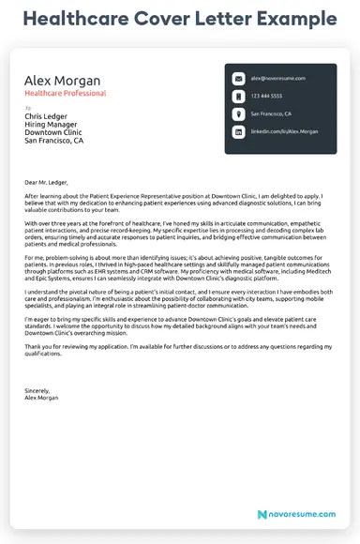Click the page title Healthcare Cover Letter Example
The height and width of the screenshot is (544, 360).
[179, 19]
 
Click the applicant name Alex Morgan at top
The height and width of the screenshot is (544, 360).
[62, 81]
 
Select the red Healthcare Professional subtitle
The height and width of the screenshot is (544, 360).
[65, 94]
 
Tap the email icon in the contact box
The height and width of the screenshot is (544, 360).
[238, 79]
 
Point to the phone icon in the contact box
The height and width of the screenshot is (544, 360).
[238, 97]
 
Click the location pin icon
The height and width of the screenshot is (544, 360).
[238, 114]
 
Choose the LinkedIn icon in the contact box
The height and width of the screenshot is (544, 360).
[238, 132]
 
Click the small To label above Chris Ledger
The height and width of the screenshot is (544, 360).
[27, 109]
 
